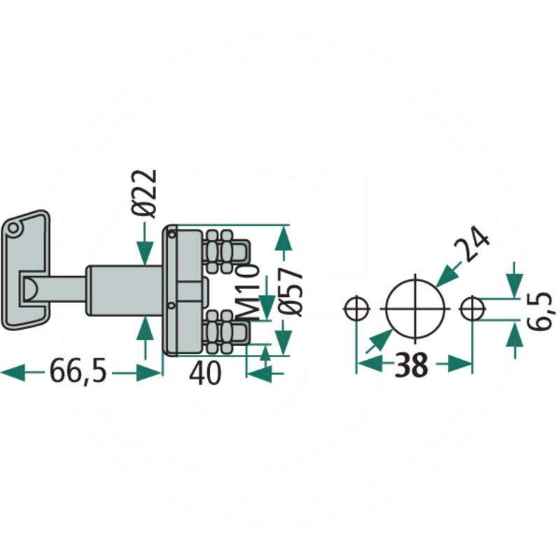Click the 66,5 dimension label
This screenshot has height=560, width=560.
click(78, 372)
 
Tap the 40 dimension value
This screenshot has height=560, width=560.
click(204, 373)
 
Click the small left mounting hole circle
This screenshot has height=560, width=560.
click(356, 308)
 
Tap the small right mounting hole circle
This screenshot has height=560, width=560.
click(472, 308)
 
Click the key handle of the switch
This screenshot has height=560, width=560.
click(26, 270)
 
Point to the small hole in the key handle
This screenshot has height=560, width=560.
click(13, 229)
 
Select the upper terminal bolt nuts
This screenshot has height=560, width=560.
click(219, 251)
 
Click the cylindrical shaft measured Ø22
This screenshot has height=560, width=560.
click(124, 290)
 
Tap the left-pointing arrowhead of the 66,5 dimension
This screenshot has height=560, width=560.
click(13, 373)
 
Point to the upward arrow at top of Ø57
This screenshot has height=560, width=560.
click(283, 237)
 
